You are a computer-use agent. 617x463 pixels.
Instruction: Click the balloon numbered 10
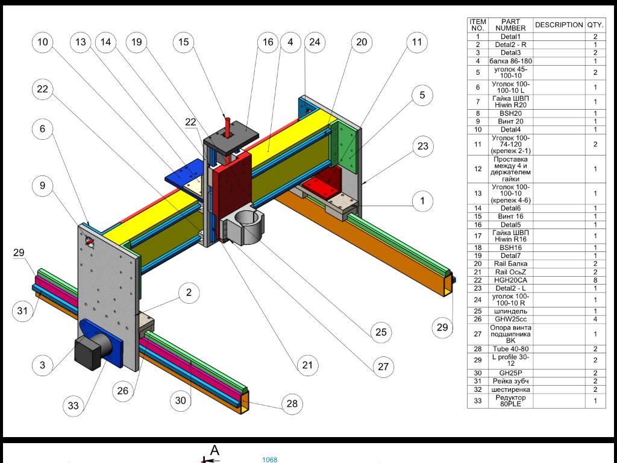[43, 42]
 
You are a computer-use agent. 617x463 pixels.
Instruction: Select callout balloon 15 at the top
[184, 42]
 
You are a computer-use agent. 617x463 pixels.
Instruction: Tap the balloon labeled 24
[315, 42]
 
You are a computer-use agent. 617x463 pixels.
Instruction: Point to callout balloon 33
[73, 406]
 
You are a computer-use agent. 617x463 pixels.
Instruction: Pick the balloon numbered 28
[292, 404]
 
